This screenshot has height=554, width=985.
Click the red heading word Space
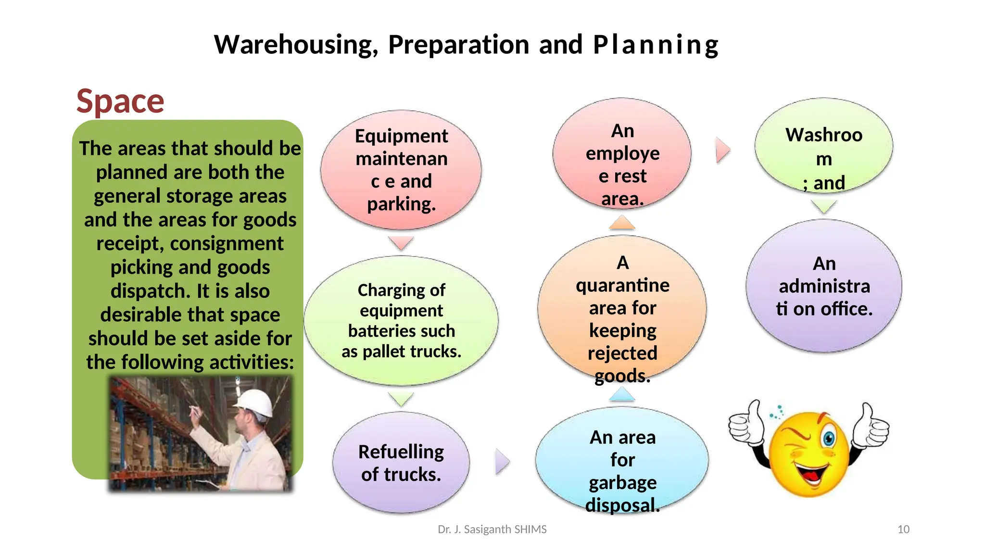coord(120,101)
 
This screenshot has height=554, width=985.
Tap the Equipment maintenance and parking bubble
coord(401,169)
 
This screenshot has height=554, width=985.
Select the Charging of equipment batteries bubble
coord(401,320)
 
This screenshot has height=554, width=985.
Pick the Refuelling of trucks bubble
coord(401,463)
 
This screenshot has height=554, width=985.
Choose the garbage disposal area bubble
coord(622,461)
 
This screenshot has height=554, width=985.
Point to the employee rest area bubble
coord(622,154)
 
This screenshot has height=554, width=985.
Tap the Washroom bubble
coord(823,146)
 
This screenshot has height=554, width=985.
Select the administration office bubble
coord(823,286)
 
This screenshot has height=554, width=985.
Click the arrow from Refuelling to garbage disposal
coord(502,462)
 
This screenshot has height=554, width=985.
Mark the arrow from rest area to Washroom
coord(722,150)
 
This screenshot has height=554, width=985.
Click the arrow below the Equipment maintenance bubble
coord(401,242)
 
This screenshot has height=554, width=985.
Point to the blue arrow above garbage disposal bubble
coord(622,395)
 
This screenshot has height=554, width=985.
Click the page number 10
coord(903,529)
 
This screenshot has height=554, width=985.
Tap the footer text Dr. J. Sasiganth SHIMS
coord(492,529)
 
